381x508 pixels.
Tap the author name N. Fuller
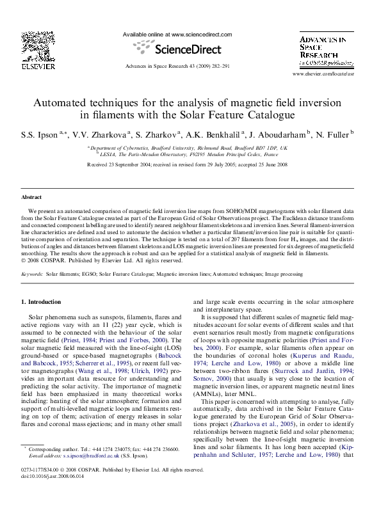tap(330, 135)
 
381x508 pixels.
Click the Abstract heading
tap(31, 198)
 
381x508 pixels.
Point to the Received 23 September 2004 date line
tap(190, 165)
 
